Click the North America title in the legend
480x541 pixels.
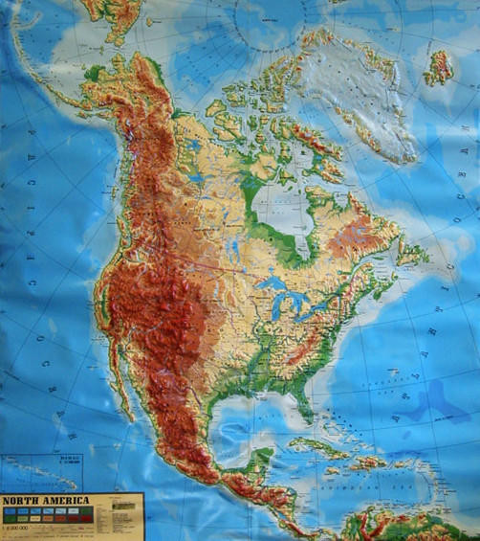[45, 500]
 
